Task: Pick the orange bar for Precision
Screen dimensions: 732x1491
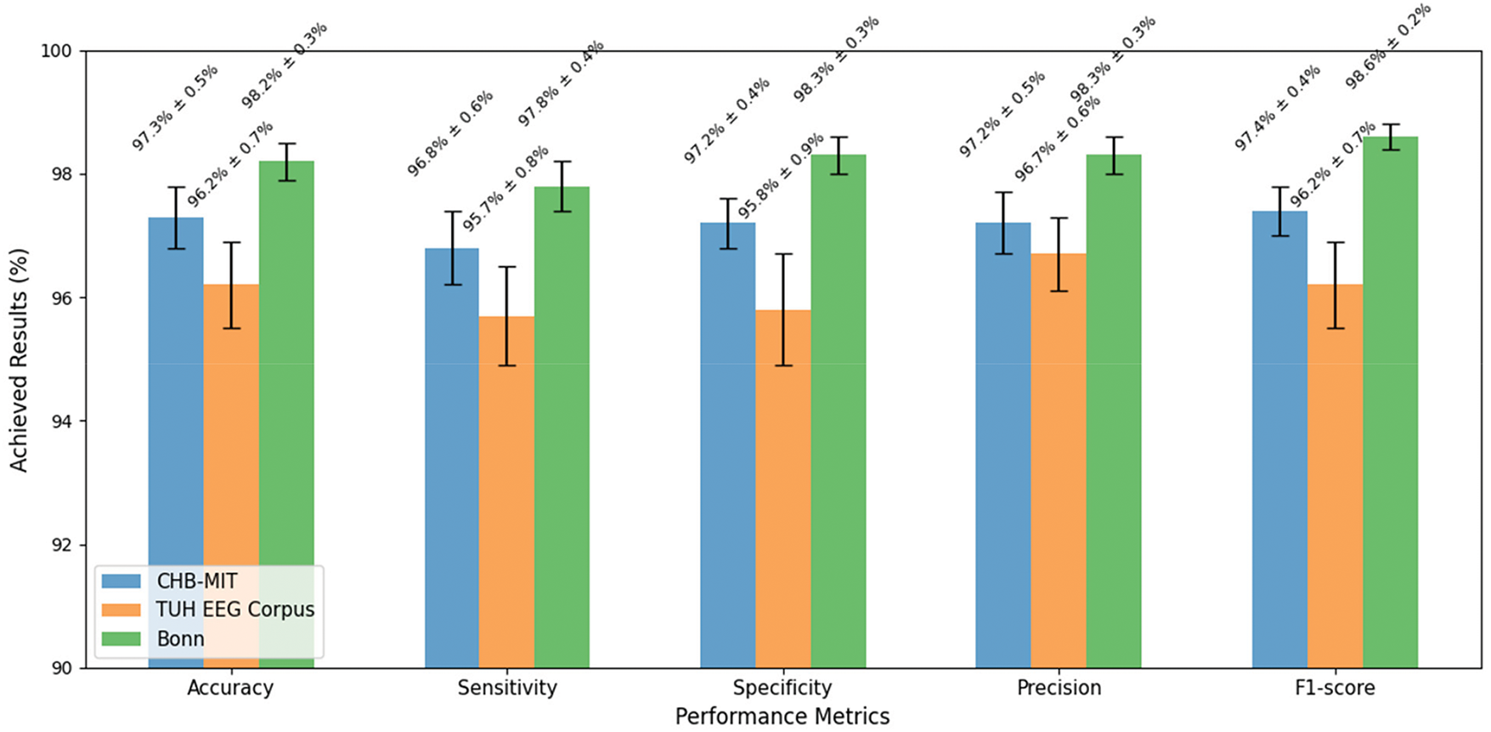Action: point(1058,460)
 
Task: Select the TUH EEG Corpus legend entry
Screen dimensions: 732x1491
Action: point(235,610)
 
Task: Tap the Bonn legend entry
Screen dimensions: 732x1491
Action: point(180,638)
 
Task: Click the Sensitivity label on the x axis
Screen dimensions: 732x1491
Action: point(507,688)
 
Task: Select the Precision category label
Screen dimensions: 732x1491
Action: point(1059,688)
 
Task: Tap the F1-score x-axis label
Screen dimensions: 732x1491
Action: point(1335,688)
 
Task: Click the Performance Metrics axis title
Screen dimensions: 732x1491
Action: point(782,717)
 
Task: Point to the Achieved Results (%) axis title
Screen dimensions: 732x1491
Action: point(19,360)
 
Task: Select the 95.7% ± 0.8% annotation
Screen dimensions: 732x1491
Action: point(505,189)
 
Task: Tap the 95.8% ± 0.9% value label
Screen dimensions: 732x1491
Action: point(781,175)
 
